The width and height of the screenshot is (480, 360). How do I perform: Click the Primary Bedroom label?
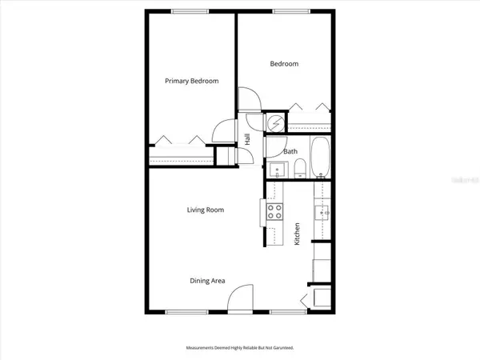191,81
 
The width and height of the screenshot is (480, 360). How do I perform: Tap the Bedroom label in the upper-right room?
284,64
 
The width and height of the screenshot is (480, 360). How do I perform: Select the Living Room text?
205,210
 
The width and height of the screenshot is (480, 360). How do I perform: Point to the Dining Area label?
207,281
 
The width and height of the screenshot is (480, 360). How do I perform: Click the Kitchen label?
297,233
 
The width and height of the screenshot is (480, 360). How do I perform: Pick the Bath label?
290,150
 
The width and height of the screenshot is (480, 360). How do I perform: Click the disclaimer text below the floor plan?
240,348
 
